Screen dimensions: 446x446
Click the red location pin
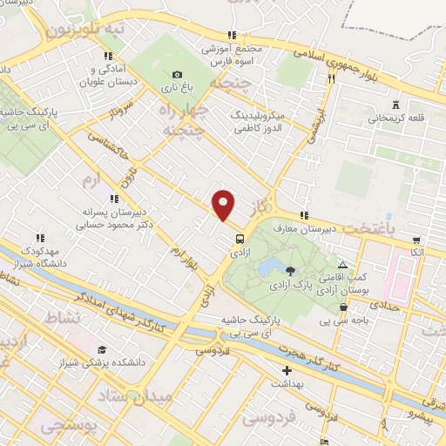pyautogui.click(x=224, y=205)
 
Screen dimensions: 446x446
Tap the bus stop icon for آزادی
pyautogui.click(x=239, y=237)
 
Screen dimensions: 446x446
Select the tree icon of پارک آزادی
pyautogui.click(x=291, y=272)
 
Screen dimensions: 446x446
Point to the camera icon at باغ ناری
pyautogui.click(x=178, y=75)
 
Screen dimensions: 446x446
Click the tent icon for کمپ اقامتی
pyautogui.click(x=342, y=264)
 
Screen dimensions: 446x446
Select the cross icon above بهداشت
pyautogui.click(x=287, y=370)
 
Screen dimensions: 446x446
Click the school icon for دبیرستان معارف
pyautogui.click(x=303, y=215)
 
